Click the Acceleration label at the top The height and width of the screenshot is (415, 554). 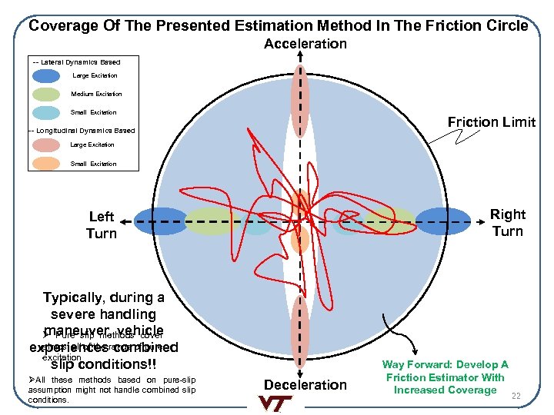click(305, 44)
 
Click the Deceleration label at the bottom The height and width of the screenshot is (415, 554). click(305, 384)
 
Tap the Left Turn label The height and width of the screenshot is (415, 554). click(101, 225)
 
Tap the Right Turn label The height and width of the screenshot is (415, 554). click(507, 223)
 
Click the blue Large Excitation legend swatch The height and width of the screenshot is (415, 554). click(46, 75)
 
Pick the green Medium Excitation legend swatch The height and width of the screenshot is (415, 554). click(46, 94)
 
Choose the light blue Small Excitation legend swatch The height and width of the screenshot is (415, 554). click(46, 112)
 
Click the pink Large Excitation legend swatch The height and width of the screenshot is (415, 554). click(46, 145)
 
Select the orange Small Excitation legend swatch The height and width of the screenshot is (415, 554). click(46, 164)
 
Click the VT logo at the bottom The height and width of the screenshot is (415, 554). click(276, 403)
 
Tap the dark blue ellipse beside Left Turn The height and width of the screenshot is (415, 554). click(161, 221)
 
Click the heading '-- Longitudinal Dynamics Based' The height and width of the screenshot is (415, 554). click(81, 131)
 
